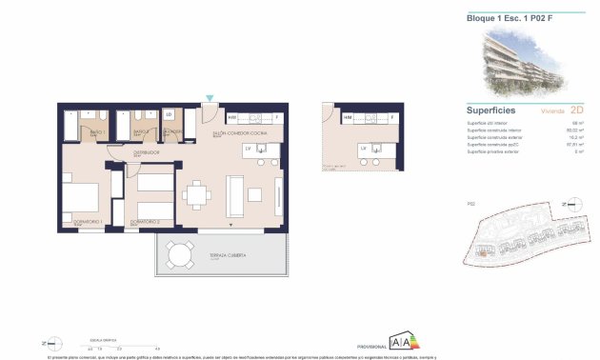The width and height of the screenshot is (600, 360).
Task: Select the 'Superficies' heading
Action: (x=490, y=110)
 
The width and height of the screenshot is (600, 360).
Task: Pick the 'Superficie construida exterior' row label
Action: (x=495, y=139)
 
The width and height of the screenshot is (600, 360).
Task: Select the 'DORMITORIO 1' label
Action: (x=88, y=225)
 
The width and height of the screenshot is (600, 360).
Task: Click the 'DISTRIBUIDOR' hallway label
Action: (x=146, y=151)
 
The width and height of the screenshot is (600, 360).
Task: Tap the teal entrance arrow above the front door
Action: (x=210, y=98)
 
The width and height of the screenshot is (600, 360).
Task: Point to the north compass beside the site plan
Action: (x=570, y=204)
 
